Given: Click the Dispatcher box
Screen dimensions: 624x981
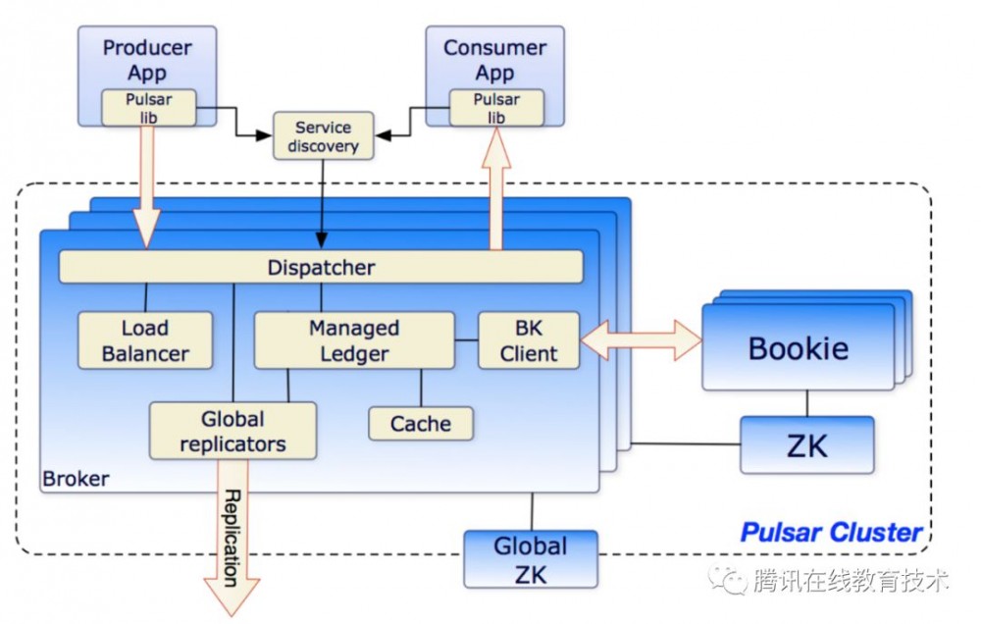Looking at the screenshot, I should pyautogui.click(x=321, y=267).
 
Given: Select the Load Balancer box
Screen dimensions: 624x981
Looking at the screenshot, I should pyautogui.click(x=145, y=340).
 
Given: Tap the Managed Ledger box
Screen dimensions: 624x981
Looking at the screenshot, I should pyautogui.click(x=354, y=340).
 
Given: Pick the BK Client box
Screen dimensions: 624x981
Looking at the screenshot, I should pyautogui.click(x=529, y=340).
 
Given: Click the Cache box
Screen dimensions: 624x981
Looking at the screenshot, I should pyautogui.click(x=421, y=424).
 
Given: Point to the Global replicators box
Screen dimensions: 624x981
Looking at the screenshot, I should pyautogui.click(x=233, y=431).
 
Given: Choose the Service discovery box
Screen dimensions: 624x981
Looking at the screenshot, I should pyautogui.click(x=323, y=137).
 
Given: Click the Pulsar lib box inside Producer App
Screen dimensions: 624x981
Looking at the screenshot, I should pyautogui.click(x=149, y=108).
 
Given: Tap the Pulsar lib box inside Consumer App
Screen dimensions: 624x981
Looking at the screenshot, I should pyautogui.click(x=495, y=108).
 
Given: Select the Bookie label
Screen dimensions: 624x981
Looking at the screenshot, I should pyautogui.click(x=798, y=348).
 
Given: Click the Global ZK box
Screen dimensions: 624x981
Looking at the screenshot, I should pyautogui.click(x=530, y=558).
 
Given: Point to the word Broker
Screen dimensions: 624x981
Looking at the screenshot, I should pyautogui.click(x=76, y=480).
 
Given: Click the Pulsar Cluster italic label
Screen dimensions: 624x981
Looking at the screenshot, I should pyautogui.click(x=831, y=533).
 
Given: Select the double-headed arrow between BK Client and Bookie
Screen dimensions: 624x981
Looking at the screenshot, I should pyautogui.click(x=641, y=340).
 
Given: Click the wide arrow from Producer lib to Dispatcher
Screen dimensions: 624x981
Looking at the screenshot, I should pyautogui.click(x=147, y=186).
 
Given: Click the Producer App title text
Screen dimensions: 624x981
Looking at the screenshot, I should pyautogui.click(x=147, y=59).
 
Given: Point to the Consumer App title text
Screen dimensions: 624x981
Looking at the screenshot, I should pyautogui.click(x=495, y=59).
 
